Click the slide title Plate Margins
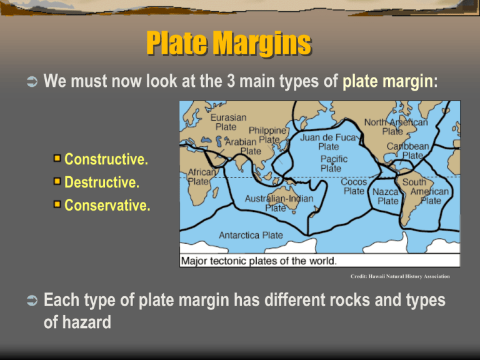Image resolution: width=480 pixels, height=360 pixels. [228, 44]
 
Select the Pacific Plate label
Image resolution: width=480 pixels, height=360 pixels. [331, 164]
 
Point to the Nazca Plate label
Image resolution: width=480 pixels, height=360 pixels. [387, 196]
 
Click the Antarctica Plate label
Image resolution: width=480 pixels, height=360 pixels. [251, 236]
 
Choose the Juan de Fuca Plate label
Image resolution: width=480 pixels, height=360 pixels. [328, 141]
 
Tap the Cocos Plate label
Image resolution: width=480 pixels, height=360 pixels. [354, 186]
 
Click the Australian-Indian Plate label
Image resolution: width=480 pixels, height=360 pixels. [279, 202]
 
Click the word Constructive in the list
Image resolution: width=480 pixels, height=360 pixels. [106, 159]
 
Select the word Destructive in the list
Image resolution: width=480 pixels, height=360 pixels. [102, 182]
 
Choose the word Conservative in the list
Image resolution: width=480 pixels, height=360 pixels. [107, 206]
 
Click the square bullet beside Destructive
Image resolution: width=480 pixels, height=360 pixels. [58, 182]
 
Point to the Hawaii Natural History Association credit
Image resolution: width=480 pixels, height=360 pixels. [399, 276]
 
